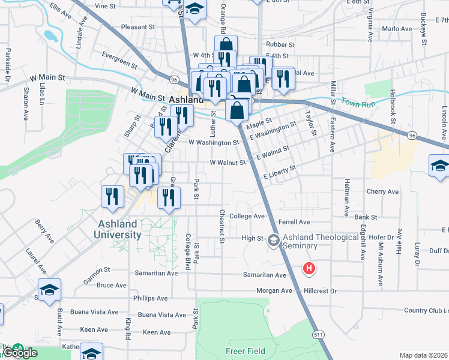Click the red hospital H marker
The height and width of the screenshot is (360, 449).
pyautogui.click(x=309, y=268)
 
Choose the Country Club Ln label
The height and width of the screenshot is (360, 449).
pyautogui.click(x=426, y=310)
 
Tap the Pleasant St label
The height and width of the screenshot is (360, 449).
pyautogui.click(x=138, y=27)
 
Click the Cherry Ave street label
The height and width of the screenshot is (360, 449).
pyautogui.click(x=382, y=192)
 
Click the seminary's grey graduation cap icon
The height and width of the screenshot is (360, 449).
pyautogui.click(x=274, y=241)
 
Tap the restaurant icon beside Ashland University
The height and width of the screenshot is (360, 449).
pyautogui.click(x=112, y=196)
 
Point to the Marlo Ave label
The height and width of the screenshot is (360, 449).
pyautogui.click(x=397, y=28)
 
